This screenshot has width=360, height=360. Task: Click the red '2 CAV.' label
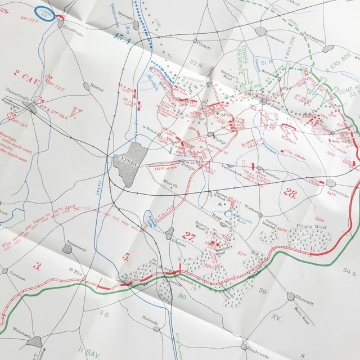click(25, 74)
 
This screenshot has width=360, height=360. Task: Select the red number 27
click(188, 236)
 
